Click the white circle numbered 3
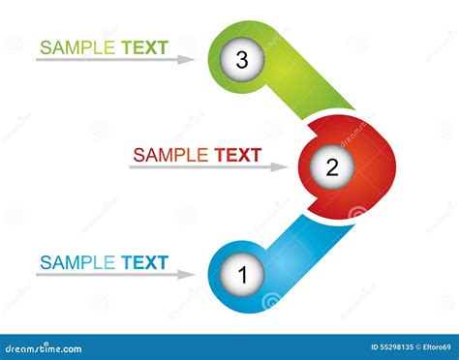tap(242, 60)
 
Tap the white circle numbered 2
tap(331, 166)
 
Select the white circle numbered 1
tap(243, 275)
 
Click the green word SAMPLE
tap(77, 46)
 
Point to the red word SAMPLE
tap(170, 154)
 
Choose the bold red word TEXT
tap(238, 154)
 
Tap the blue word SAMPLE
tap(77, 262)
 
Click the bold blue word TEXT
tap(144, 262)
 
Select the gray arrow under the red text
tap(208, 167)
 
